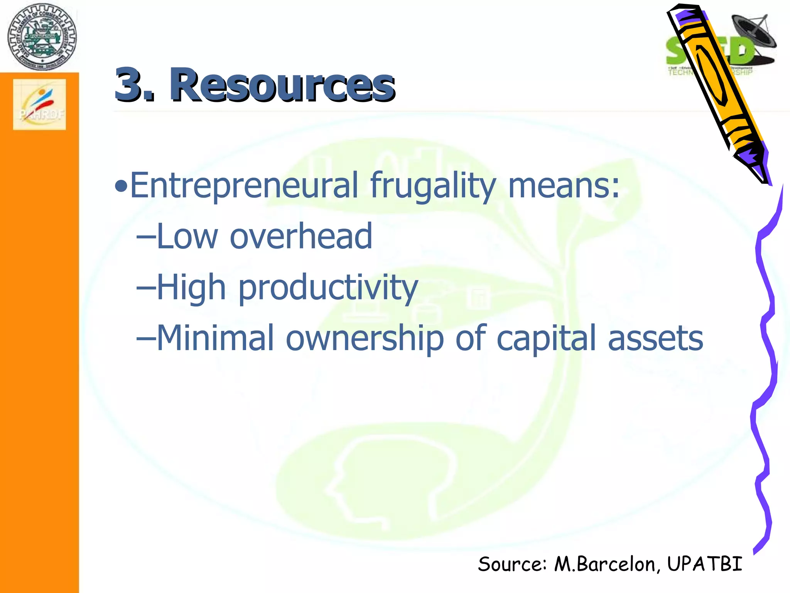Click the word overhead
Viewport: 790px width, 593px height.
pos(301,236)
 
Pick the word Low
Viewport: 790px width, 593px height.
pos(187,236)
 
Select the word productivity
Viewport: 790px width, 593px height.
pos(328,288)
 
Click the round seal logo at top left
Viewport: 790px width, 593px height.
pos(42,37)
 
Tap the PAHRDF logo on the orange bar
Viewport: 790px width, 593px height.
pos(40,105)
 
